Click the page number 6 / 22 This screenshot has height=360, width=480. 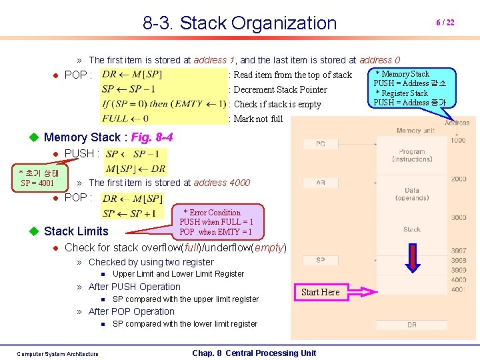445,22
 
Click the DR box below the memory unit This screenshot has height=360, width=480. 412,325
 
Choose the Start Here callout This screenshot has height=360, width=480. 320,292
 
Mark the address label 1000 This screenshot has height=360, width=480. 458,140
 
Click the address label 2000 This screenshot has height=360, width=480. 458,179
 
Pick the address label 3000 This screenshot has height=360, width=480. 458,218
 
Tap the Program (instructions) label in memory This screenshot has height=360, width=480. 412,155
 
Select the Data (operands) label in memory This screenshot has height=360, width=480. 412,194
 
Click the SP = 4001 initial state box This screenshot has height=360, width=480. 39,178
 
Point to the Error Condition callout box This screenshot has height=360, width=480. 216,222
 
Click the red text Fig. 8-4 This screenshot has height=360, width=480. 152,137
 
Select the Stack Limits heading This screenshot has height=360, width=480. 76,231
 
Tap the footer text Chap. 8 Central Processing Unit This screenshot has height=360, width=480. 254,353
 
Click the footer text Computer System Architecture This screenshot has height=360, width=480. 57,354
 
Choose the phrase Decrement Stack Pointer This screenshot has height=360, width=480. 280,90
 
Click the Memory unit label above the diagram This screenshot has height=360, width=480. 418,131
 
